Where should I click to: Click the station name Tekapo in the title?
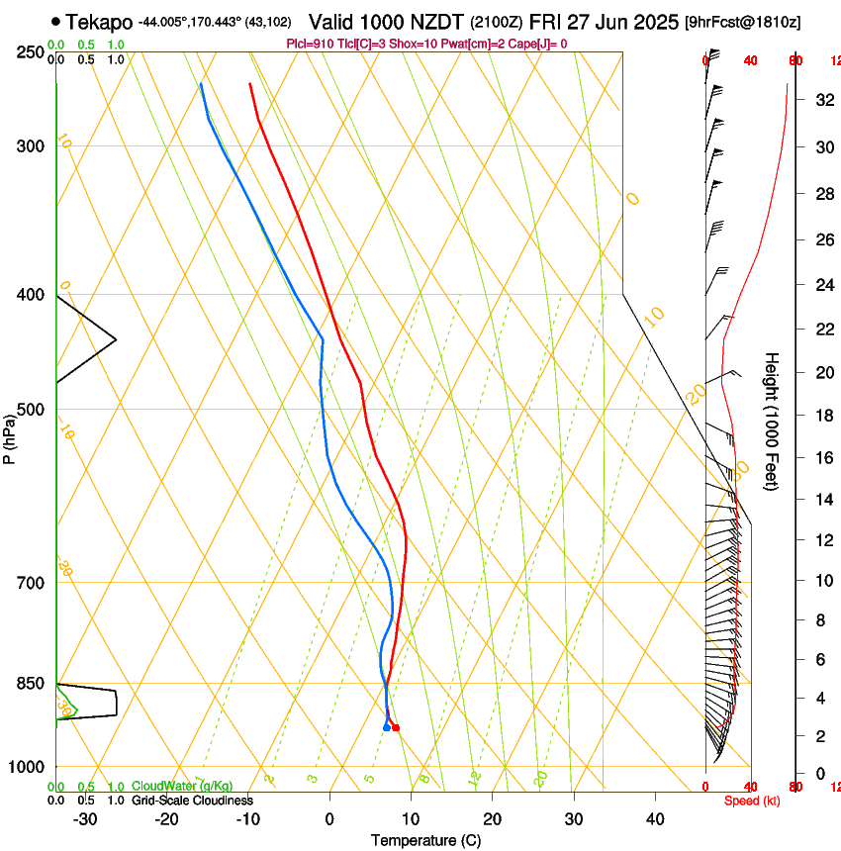pos(99,21)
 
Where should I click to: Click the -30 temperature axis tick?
pos(86,818)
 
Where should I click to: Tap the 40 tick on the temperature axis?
pos(654,818)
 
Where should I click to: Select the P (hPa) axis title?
pos(10,436)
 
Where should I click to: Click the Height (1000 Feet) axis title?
pos(773,421)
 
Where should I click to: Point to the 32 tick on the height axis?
pos(823,100)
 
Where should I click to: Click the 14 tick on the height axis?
pos(823,500)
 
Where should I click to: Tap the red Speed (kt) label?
pos(752,801)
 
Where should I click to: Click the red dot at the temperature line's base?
pos(396,727)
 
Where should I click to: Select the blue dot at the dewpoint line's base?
pos(386,727)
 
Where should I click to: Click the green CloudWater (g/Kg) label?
pos(182,787)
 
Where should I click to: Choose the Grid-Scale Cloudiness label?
pos(192,801)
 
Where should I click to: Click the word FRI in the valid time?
pos(547,21)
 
